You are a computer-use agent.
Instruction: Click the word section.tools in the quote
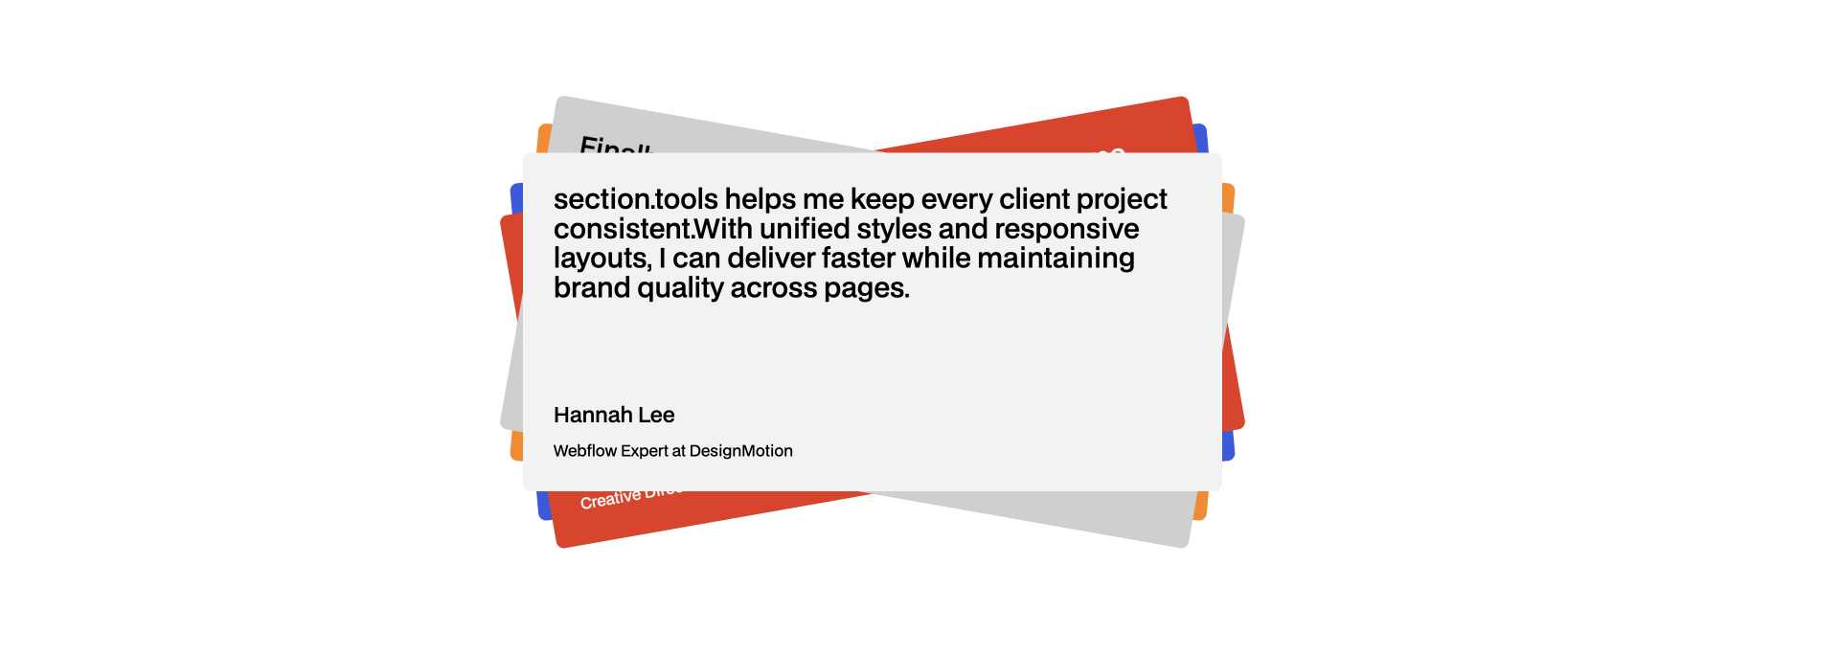[x=635, y=199]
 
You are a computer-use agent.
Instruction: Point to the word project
[x=1122, y=200]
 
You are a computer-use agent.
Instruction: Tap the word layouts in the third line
[x=602, y=259]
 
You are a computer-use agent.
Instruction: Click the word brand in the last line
[x=591, y=288]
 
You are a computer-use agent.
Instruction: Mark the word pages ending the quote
[x=866, y=289]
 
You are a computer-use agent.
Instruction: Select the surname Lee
[x=656, y=415]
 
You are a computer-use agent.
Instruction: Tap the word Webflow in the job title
[x=585, y=451]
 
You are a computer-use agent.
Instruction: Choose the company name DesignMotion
[x=740, y=451]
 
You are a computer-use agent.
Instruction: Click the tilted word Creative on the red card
[x=610, y=499]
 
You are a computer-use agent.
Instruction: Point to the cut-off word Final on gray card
[x=614, y=147]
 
